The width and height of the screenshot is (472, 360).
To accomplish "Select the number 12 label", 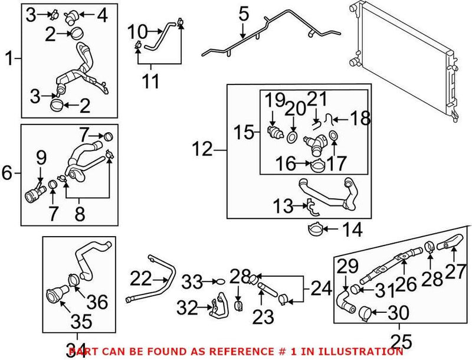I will click(x=202, y=149).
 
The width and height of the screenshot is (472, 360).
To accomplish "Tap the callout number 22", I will click(x=141, y=278).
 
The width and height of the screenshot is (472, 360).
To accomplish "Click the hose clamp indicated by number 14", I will click(x=316, y=228).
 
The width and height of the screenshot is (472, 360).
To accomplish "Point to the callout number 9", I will click(x=41, y=158).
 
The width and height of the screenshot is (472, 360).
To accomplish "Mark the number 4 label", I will click(x=102, y=14).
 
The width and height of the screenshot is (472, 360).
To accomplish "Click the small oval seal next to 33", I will click(x=218, y=283).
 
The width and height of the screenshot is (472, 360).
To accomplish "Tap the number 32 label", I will click(x=188, y=307).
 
